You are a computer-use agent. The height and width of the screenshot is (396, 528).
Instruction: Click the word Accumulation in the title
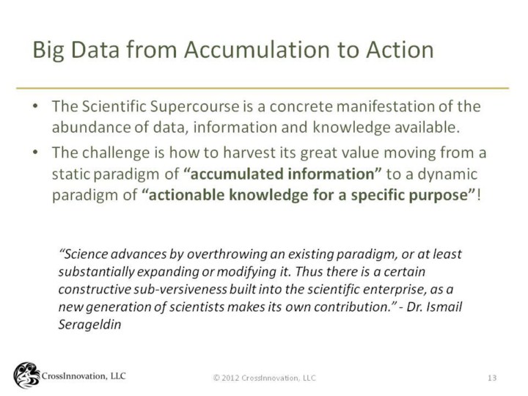point(256,50)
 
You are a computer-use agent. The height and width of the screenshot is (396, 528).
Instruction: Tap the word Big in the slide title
point(48,51)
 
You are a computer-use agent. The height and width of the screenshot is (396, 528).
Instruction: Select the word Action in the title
point(400,50)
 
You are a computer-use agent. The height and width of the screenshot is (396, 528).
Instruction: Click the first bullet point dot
point(35,106)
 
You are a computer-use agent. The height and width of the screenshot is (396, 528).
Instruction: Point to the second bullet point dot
point(35,153)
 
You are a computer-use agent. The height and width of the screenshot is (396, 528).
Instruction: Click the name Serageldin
point(89,325)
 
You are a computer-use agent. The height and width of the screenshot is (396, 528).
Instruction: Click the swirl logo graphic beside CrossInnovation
point(26,375)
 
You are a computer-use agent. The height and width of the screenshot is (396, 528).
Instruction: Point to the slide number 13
point(492,378)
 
